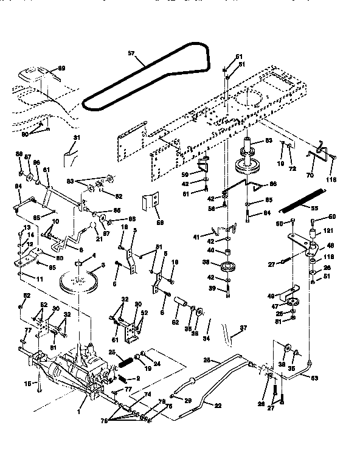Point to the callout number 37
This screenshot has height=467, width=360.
click(243, 328)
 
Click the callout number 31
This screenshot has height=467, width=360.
click(76, 139)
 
